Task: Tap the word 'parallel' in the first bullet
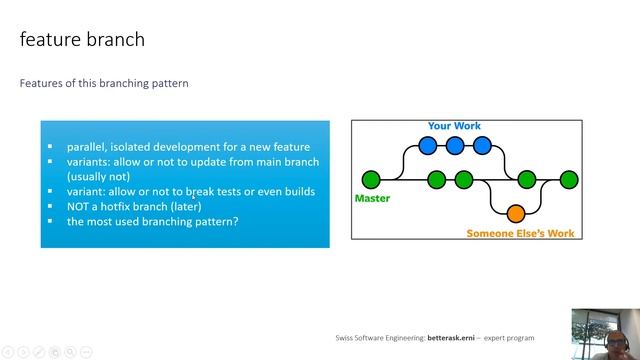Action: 87,147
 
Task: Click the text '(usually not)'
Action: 97,176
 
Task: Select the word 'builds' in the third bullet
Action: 296,191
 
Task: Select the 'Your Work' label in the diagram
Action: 454,126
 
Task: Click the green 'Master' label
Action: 372,198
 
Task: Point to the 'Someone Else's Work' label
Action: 520,233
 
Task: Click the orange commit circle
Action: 516,213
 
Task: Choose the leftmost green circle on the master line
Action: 371,180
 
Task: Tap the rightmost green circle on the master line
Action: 569,180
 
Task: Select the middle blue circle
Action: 455,146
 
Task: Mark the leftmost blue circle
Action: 428,146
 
